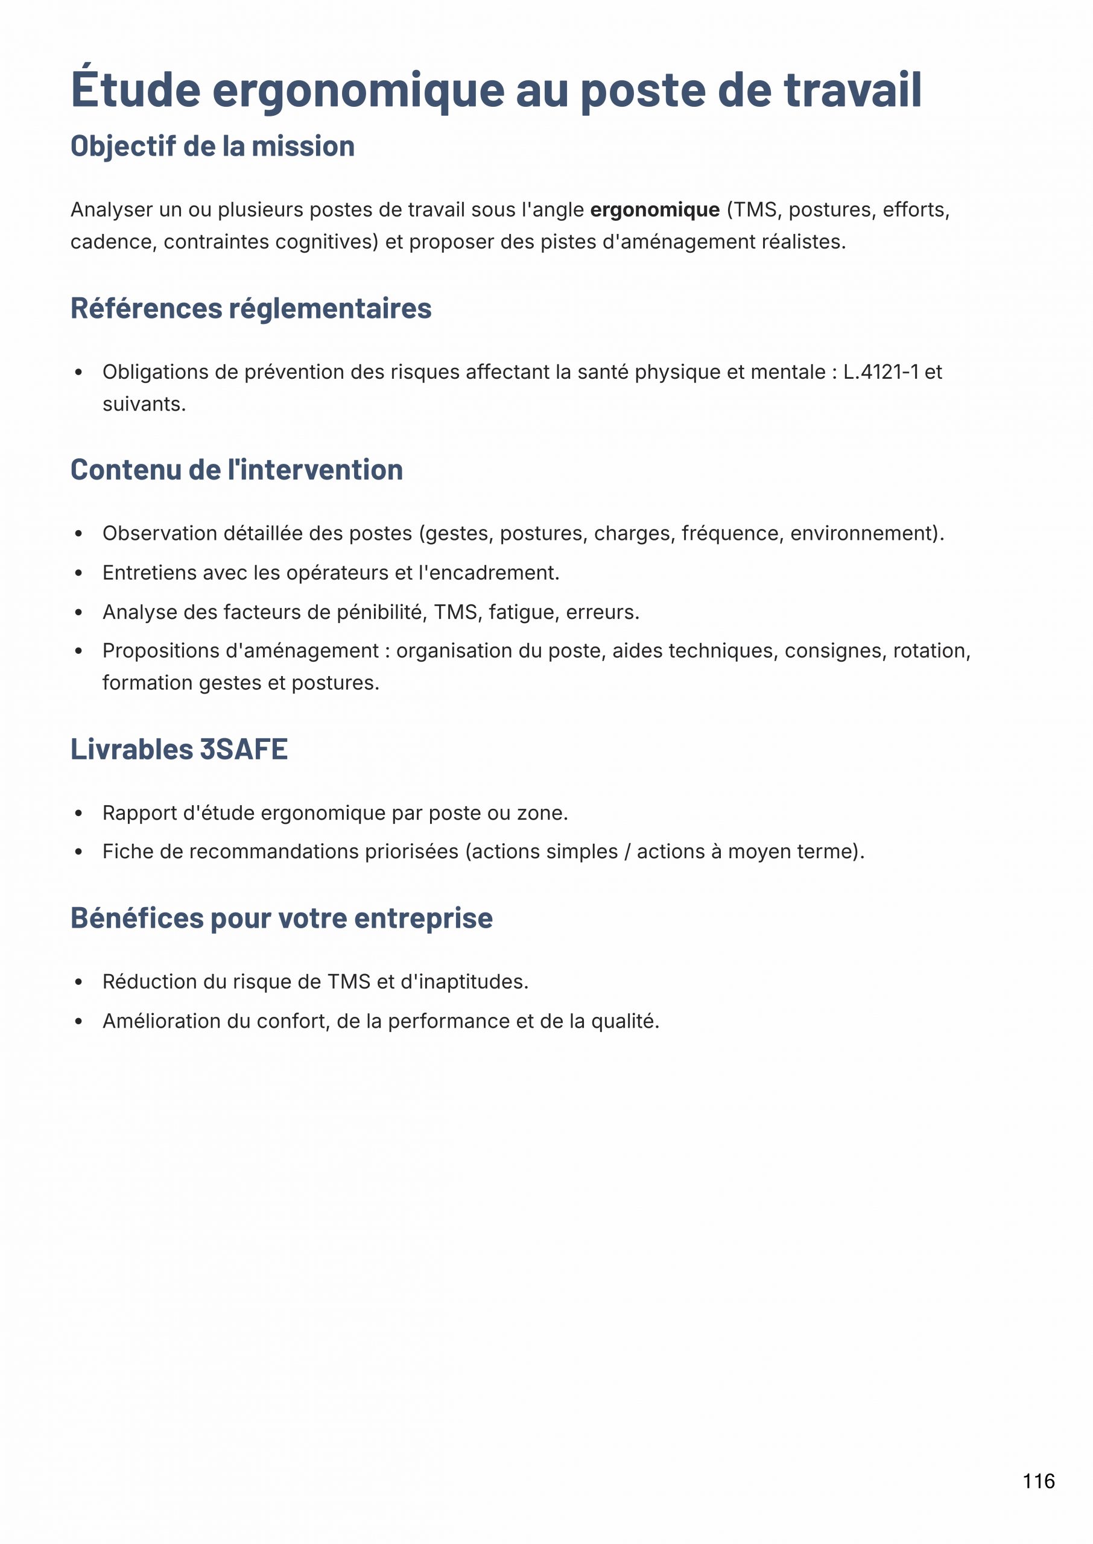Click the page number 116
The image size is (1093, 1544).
pos(1039,1481)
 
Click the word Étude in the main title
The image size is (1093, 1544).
pos(135,89)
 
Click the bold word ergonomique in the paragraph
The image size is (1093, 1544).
pos(655,210)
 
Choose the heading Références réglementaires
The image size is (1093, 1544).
pos(251,309)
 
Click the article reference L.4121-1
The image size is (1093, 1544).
pos(880,372)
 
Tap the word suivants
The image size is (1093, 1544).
pos(144,404)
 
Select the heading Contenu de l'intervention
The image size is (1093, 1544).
pos(236,470)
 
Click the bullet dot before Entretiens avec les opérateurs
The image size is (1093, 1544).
pos(79,573)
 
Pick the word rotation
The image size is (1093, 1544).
pos(931,651)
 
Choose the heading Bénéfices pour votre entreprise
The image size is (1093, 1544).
pos(281,919)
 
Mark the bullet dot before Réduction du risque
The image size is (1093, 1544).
pos(79,982)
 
